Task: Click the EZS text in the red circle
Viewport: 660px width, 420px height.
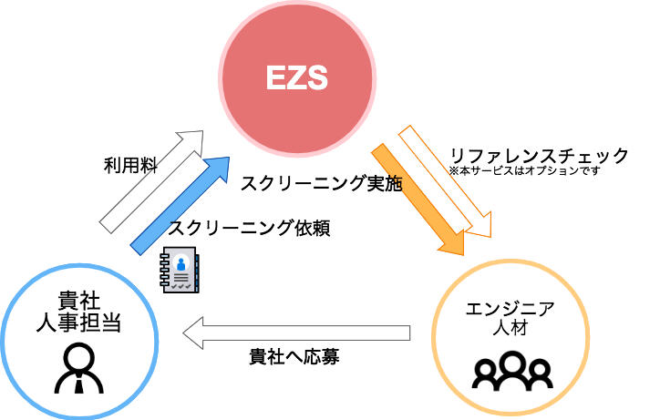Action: [296, 80]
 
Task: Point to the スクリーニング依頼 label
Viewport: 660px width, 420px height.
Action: [249, 229]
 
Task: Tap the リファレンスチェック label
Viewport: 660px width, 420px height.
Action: [539, 156]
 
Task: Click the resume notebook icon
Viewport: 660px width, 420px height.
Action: [180, 270]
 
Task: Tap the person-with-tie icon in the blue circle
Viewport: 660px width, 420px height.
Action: [79, 368]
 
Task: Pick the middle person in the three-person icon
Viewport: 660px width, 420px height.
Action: [513, 366]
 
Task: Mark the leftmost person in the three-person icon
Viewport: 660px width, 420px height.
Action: [487, 371]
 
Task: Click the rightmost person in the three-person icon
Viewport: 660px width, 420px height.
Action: [540, 371]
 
